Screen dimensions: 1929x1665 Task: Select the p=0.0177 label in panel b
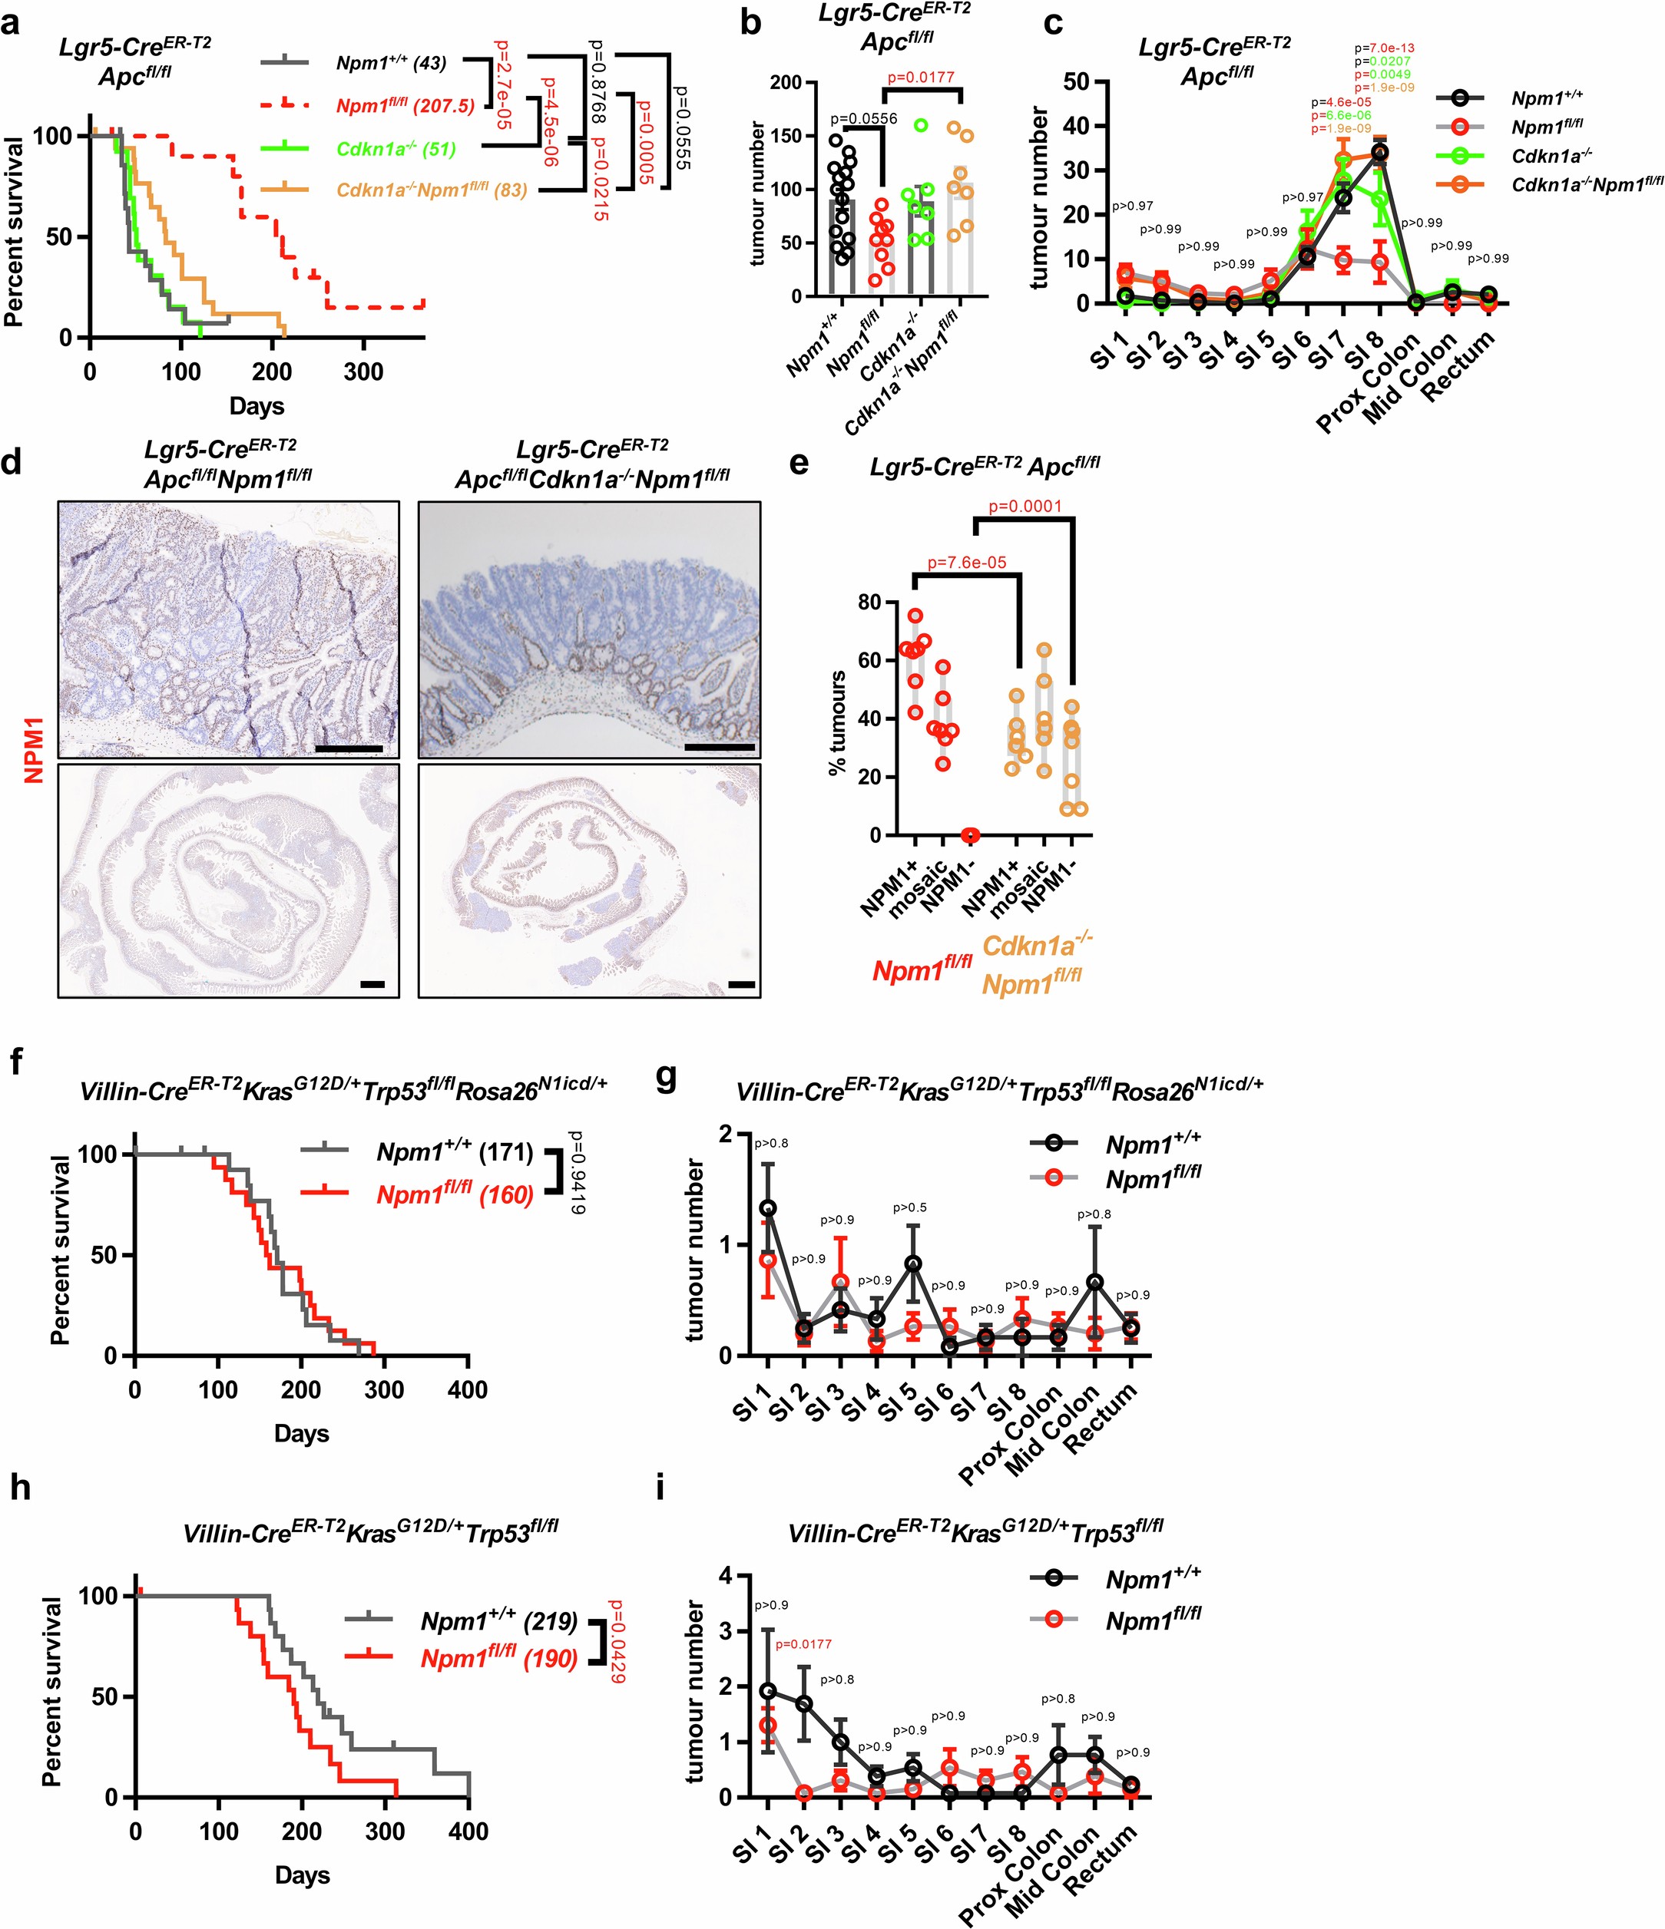tap(920, 78)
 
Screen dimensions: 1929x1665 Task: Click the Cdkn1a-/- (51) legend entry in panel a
tap(396, 149)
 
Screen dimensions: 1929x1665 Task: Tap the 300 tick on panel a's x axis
tap(363, 372)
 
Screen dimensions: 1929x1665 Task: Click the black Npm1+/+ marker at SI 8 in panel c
tap(1380, 153)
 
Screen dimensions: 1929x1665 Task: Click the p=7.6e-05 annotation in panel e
tap(967, 563)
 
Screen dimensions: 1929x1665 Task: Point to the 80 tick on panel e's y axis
tap(869, 603)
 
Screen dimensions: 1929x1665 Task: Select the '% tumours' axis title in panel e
tap(837, 722)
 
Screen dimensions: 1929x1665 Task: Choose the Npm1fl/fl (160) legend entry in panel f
tap(455, 1194)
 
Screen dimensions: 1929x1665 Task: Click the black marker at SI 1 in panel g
tap(768, 1208)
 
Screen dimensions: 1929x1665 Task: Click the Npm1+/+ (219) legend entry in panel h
tap(499, 1621)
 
